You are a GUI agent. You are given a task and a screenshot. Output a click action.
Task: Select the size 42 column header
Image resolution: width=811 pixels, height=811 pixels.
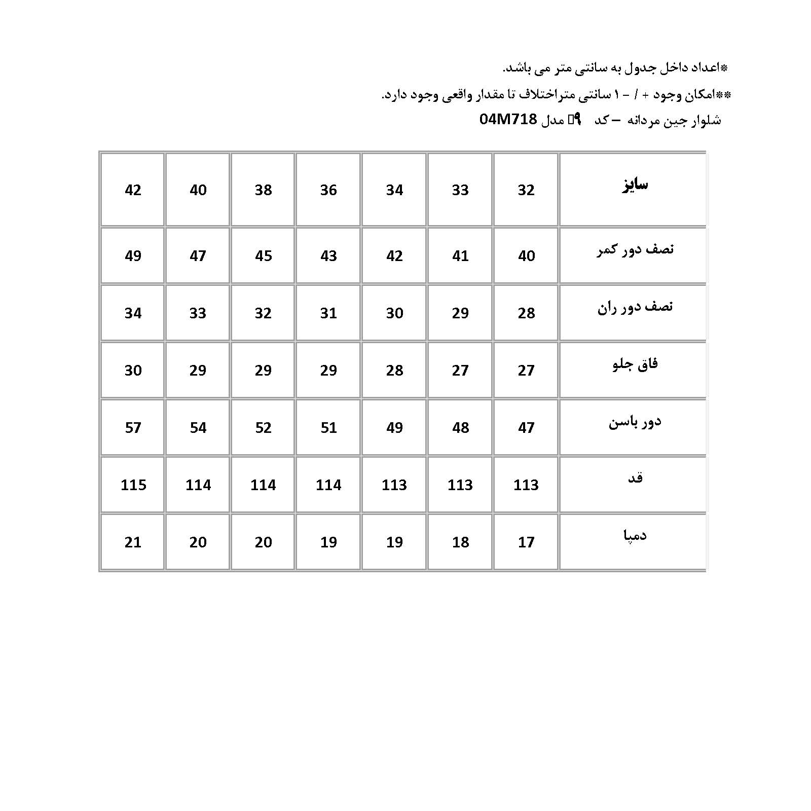coord(133,190)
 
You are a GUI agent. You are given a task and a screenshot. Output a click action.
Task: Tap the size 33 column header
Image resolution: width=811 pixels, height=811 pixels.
coord(460,190)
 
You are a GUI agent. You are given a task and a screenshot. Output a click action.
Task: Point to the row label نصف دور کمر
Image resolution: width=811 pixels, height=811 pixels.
coord(635,250)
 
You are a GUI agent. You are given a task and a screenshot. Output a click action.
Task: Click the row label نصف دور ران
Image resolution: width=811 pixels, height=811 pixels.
coord(635,307)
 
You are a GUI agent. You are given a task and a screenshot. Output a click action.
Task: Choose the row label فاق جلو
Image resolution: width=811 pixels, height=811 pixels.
coord(635,364)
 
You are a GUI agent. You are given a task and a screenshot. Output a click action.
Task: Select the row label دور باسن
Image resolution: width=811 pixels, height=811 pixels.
coord(635,422)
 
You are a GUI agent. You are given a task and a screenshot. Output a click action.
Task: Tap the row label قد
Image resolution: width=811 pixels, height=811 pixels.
coord(635,478)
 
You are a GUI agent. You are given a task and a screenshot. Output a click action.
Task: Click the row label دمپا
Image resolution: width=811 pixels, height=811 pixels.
coord(635,535)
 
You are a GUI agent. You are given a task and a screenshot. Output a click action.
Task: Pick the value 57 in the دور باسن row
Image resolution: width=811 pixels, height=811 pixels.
coord(133,428)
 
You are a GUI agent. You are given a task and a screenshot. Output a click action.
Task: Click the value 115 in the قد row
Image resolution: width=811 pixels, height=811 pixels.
coord(133,485)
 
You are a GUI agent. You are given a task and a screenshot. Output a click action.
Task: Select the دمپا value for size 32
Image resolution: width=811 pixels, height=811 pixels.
coord(526,542)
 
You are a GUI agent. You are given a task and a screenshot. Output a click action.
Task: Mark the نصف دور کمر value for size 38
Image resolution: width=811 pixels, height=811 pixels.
coord(264,256)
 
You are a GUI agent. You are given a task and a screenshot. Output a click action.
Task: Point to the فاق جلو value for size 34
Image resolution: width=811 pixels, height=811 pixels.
coord(394,371)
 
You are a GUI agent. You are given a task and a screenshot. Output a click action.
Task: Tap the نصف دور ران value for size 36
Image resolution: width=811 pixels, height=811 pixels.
coord(328,313)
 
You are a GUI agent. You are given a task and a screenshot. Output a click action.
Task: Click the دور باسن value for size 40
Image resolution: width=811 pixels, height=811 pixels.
coord(198,428)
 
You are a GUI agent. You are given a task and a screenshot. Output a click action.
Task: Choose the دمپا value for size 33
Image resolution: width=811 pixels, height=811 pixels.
coord(460,542)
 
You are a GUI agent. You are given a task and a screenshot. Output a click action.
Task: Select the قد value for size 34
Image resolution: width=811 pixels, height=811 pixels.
coord(394,485)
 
